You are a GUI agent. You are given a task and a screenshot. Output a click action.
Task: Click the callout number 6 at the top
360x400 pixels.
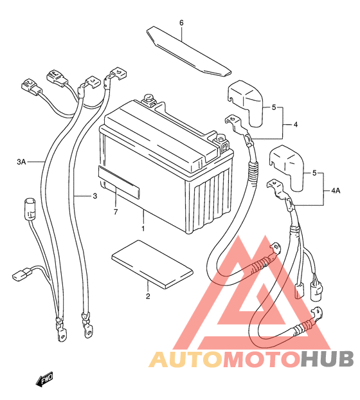tap(181, 23)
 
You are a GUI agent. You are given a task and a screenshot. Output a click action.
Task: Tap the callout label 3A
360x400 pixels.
tap(21, 161)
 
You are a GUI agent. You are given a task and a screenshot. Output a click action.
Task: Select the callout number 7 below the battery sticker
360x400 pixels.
tap(116, 212)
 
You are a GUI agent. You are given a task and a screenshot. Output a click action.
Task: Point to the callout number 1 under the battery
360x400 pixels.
tap(143, 228)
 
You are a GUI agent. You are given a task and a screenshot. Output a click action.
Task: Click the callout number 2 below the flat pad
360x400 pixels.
tap(148, 296)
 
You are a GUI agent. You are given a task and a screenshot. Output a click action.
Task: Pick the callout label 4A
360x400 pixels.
tap(336, 190)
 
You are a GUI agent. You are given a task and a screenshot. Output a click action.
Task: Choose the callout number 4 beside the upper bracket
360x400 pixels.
tap(296, 125)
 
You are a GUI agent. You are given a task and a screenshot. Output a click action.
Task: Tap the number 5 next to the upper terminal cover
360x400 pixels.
tap(274, 107)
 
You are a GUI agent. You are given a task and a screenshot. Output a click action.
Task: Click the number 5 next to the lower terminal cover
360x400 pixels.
tap(314, 173)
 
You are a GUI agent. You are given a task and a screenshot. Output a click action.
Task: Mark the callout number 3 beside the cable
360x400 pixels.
tap(95, 196)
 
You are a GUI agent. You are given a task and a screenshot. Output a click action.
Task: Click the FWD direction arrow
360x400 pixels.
tap(44, 377)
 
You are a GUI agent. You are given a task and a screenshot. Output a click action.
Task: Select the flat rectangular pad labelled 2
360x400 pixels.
tap(152, 264)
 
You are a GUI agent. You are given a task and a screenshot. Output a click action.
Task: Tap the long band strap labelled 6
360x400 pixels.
tap(188, 51)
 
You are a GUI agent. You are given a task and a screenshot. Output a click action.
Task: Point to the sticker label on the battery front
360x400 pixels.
tap(119, 182)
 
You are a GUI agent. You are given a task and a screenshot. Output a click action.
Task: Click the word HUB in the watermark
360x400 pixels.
tap(327, 359)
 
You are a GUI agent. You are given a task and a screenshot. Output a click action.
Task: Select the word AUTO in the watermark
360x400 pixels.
tap(186, 359)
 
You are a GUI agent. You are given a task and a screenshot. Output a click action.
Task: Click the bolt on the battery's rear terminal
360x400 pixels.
tap(147, 98)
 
